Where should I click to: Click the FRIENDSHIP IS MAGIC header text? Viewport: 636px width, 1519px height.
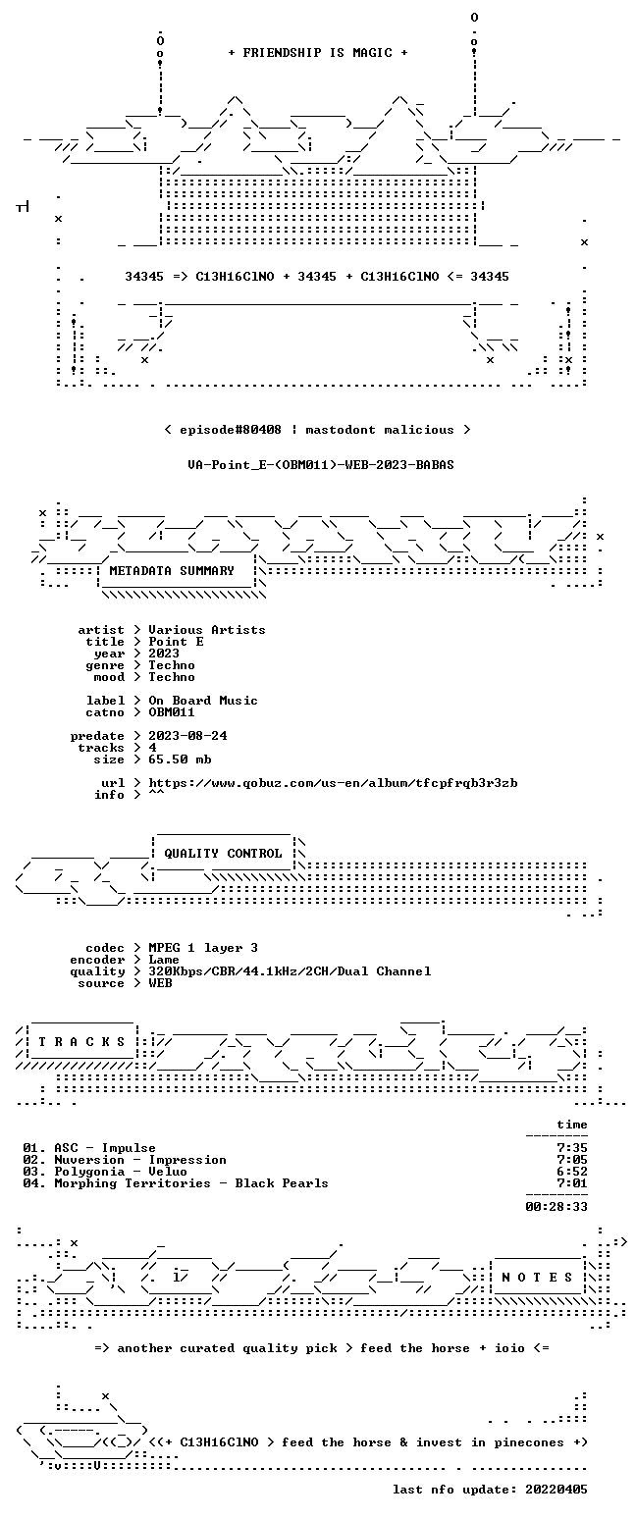coord(318,53)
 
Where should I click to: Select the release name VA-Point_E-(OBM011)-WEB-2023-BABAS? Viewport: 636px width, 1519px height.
coord(321,465)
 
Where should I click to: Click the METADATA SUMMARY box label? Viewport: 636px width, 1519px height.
coord(172,571)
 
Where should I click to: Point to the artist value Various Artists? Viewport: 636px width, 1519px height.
coord(207,630)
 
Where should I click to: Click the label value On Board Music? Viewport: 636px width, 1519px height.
coord(203,701)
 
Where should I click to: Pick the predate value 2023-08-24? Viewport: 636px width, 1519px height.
coord(187,736)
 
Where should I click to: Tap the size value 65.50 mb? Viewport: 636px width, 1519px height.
coord(180,759)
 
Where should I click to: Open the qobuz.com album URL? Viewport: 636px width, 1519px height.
coord(333,783)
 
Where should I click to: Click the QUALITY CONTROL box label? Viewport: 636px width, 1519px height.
coord(223,854)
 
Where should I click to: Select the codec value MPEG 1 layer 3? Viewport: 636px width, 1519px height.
coord(203,948)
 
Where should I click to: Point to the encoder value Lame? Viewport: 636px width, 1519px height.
coord(163,960)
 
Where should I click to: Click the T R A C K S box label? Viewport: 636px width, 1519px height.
coord(82,1042)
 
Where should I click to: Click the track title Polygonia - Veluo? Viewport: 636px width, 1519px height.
coord(121,1172)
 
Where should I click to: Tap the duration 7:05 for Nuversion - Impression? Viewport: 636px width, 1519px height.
coord(571,1160)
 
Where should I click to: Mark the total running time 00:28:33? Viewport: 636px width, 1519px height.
coord(556,1207)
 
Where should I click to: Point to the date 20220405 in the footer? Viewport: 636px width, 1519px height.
coord(556,1490)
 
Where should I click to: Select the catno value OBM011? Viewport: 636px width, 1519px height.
coord(172,712)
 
